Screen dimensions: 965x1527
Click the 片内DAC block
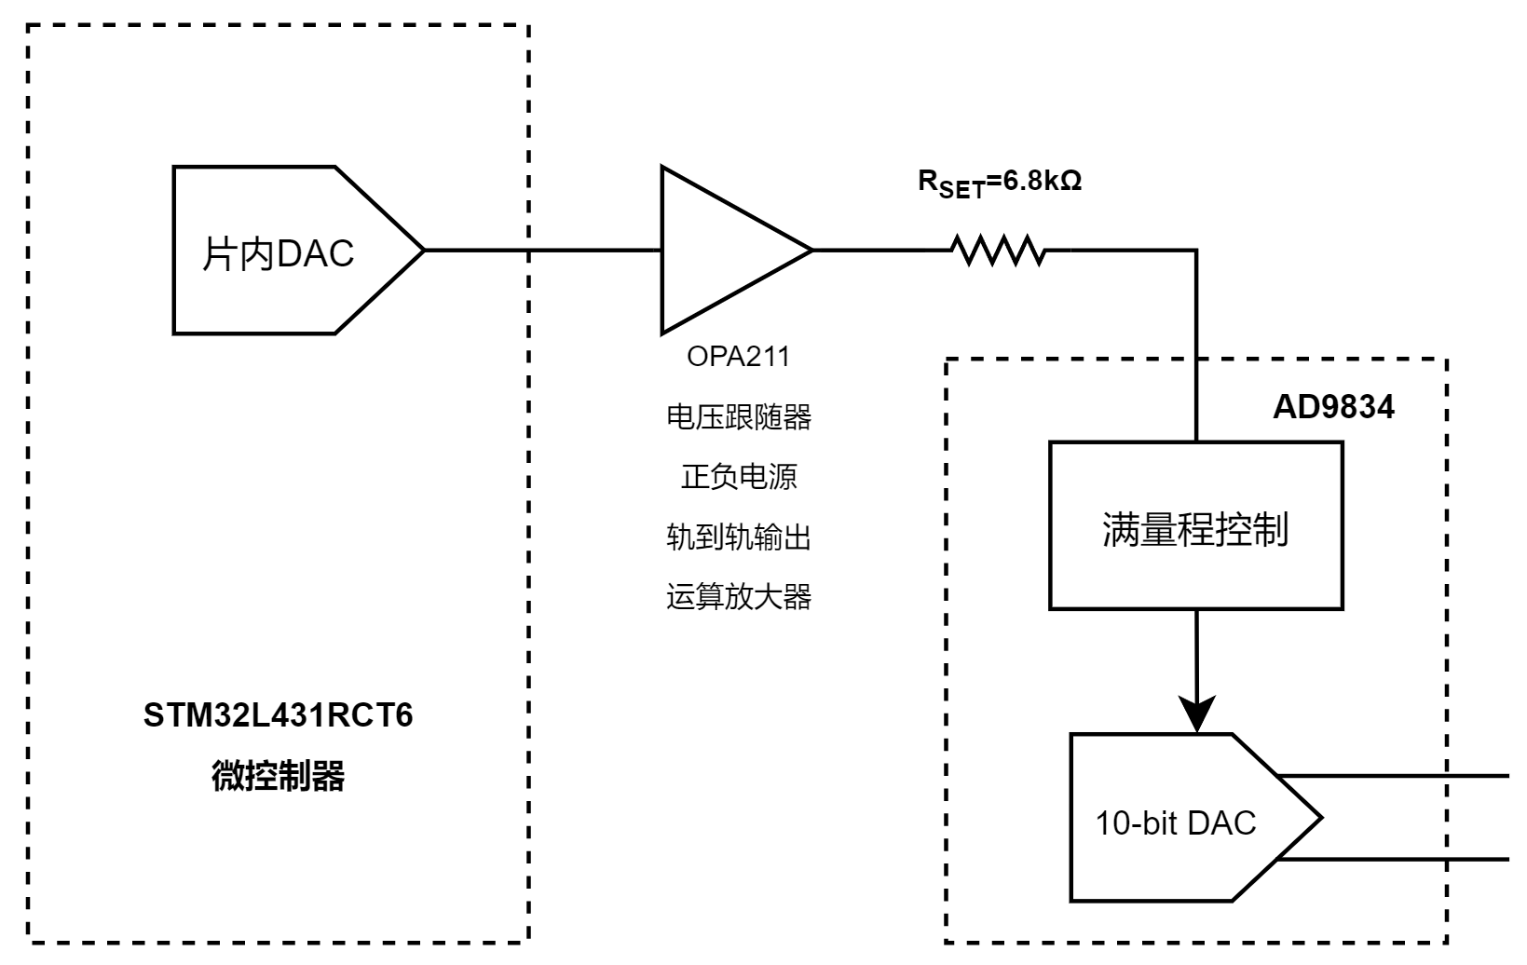coord(279,251)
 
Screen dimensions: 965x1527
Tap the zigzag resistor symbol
coord(998,250)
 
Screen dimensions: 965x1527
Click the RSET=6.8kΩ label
coord(1000,183)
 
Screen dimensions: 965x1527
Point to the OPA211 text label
coord(738,357)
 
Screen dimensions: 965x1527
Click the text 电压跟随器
coord(738,416)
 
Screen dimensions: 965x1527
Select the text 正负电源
coord(738,477)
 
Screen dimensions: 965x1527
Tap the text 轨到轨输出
coord(738,537)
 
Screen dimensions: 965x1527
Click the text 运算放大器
coord(738,596)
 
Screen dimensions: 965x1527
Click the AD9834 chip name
coord(1333,408)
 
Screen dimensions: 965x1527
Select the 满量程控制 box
coord(1195,526)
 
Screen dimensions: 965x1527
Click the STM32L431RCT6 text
coord(278,715)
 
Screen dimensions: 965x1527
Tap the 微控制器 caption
coord(278,775)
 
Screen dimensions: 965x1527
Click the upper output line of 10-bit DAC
coord(1397,776)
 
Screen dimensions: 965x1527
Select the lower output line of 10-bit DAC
coord(1397,860)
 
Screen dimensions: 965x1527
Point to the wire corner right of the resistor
coord(1196,251)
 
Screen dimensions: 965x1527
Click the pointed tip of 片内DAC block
coord(422,250)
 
